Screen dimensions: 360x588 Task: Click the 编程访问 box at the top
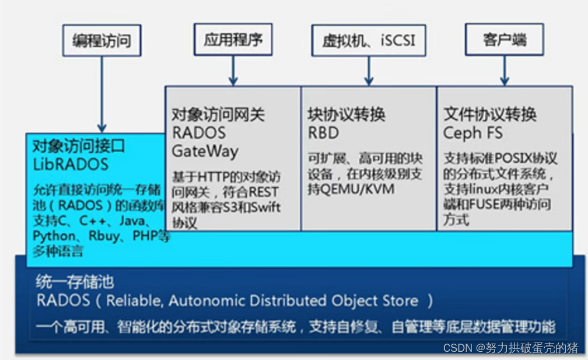(x=101, y=41)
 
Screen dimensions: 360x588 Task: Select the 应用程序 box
(x=233, y=40)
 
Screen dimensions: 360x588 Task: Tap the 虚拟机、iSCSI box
(x=368, y=41)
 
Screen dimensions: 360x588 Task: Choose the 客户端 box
(x=504, y=40)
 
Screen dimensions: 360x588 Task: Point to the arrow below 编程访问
(x=102, y=93)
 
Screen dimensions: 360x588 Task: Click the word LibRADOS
(x=71, y=164)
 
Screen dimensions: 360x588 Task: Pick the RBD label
(x=323, y=133)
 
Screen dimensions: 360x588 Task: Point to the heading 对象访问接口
(x=79, y=146)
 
